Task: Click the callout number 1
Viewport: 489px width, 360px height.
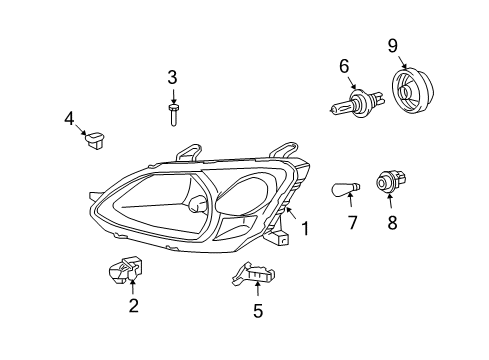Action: tap(305, 228)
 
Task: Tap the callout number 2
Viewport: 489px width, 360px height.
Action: tap(133, 306)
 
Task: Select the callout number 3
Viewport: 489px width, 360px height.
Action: tap(172, 77)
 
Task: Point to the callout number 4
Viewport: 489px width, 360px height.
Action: tap(70, 119)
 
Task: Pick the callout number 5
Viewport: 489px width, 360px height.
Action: tap(257, 311)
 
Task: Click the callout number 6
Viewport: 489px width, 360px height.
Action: tap(344, 67)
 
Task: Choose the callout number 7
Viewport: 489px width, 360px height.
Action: tap(352, 223)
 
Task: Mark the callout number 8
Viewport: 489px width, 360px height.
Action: tap(392, 223)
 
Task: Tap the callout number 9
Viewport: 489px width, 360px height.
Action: tap(392, 44)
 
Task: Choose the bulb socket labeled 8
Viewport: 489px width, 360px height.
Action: tap(387, 183)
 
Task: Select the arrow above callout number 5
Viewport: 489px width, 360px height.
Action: tap(257, 291)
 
